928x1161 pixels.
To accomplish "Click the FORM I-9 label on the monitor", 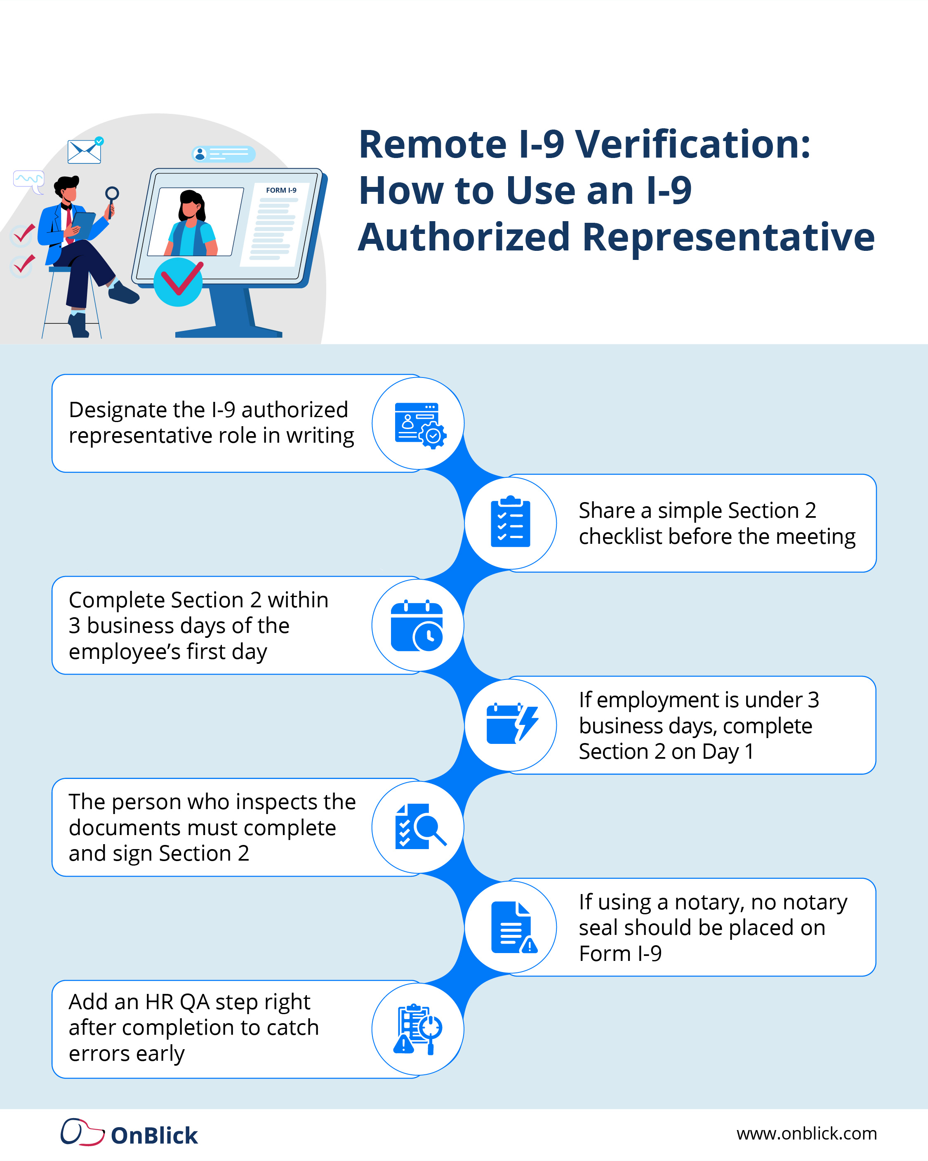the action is pos(281,190).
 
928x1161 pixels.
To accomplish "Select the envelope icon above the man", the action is pos(84,151).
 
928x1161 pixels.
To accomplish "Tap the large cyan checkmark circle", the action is pos(178,282).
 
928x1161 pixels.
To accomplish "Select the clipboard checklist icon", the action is pos(510,522).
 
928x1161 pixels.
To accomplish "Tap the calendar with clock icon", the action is pos(417,626).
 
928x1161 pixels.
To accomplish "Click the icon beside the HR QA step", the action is pos(418,1029).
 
